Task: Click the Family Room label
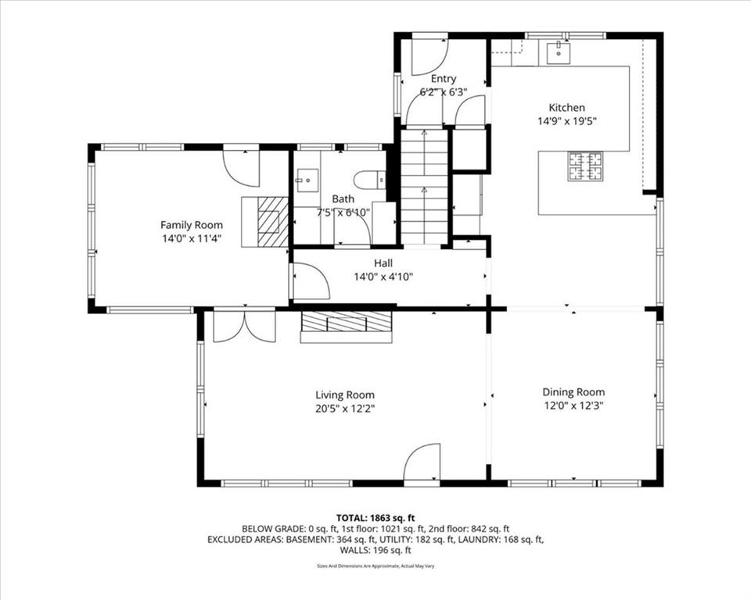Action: [192, 225]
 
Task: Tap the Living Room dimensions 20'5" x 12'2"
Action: [345, 409]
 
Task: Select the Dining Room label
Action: [573, 392]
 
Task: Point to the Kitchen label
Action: [566, 108]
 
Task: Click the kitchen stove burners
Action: [585, 166]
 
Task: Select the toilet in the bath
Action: [369, 180]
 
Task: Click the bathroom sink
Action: [307, 180]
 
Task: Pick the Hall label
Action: [383, 263]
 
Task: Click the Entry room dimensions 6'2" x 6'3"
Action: [444, 92]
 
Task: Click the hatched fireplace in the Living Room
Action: [346, 322]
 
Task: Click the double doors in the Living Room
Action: [244, 327]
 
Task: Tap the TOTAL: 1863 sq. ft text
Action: [375, 518]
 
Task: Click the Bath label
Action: [343, 198]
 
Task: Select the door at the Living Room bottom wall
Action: [422, 462]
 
